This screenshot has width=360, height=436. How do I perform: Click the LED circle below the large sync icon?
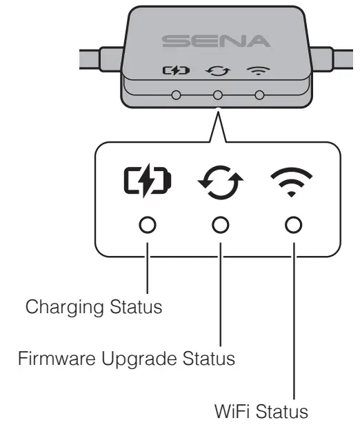coord(220,225)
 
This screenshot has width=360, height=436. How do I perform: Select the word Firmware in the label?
coord(43,359)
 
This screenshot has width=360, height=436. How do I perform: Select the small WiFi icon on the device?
coord(260,70)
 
